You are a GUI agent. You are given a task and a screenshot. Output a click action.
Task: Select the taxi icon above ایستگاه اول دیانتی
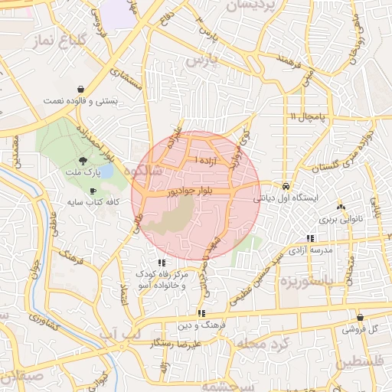pos(285,185)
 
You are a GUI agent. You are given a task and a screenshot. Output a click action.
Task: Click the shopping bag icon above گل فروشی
pos(360,317)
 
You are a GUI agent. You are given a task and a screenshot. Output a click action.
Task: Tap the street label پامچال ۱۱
pos(309,116)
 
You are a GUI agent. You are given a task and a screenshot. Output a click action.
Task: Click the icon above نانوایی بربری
pos(340,207)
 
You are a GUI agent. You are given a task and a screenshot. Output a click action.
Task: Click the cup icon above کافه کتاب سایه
pos(93,191)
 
